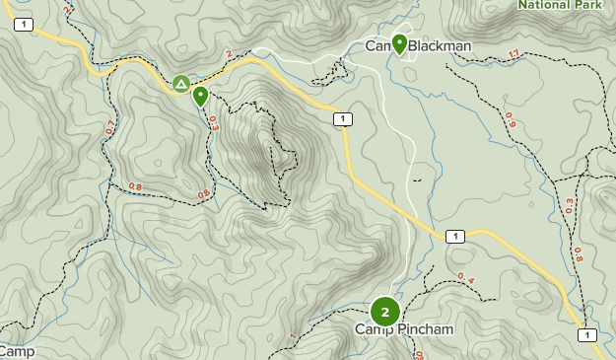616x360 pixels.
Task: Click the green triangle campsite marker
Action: pos(181,84)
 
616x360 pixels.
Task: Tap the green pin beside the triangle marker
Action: pos(200,96)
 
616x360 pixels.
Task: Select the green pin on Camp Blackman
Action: pos(399,43)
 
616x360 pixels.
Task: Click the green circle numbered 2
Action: pos(384,312)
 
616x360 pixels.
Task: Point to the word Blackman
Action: pos(441,45)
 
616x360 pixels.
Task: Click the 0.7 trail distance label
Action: pos(109,127)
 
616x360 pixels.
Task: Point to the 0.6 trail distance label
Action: pos(204,194)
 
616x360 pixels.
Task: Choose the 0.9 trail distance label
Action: pos(510,119)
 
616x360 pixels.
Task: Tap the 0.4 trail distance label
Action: pos(465,279)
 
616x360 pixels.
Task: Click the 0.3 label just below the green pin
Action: pos(213,122)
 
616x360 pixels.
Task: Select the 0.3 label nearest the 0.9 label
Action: pos(569,206)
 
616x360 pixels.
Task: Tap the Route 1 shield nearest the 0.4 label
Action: pos(454,236)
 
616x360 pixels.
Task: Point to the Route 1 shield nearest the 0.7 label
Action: pos(24,24)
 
